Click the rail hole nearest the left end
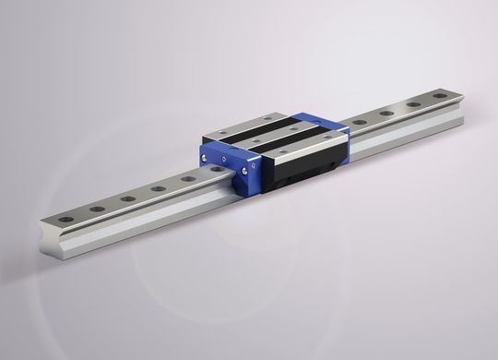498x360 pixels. (x=66, y=219)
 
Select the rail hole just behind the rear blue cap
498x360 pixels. (x=359, y=122)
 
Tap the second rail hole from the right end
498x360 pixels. (x=412, y=103)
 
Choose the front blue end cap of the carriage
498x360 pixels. (x=238, y=166)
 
